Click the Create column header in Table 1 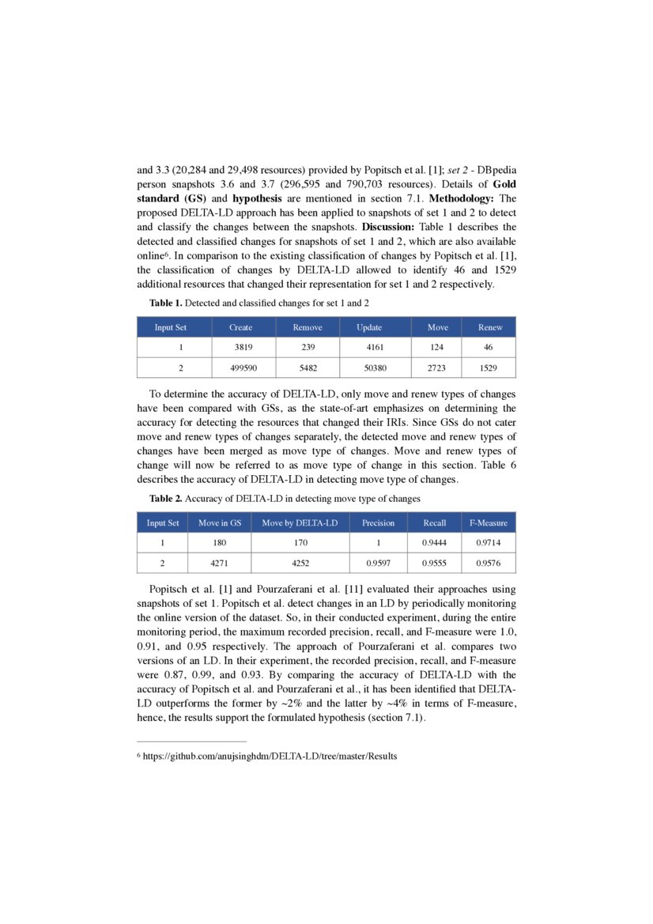(240, 327)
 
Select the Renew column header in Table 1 (490, 327)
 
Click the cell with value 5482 (307, 368)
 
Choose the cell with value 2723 (437, 368)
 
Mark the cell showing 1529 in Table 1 (490, 368)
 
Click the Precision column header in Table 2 (378, 522)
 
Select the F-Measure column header (488, 522)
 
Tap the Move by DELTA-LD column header (300, 522)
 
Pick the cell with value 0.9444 (434, 543)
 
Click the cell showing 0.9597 (378, 564)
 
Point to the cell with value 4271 (219, 564)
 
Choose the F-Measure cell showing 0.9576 (488, 564)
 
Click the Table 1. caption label (166, 303)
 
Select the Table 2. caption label (166, 499)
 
